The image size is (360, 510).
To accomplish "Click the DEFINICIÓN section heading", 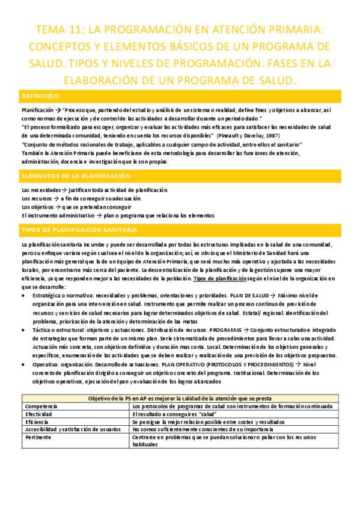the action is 41,96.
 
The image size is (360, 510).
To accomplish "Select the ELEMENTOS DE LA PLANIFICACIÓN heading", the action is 75,176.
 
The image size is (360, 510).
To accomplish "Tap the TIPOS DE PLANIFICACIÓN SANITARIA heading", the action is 79,230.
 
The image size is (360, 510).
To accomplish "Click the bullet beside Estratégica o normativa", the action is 23,295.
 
